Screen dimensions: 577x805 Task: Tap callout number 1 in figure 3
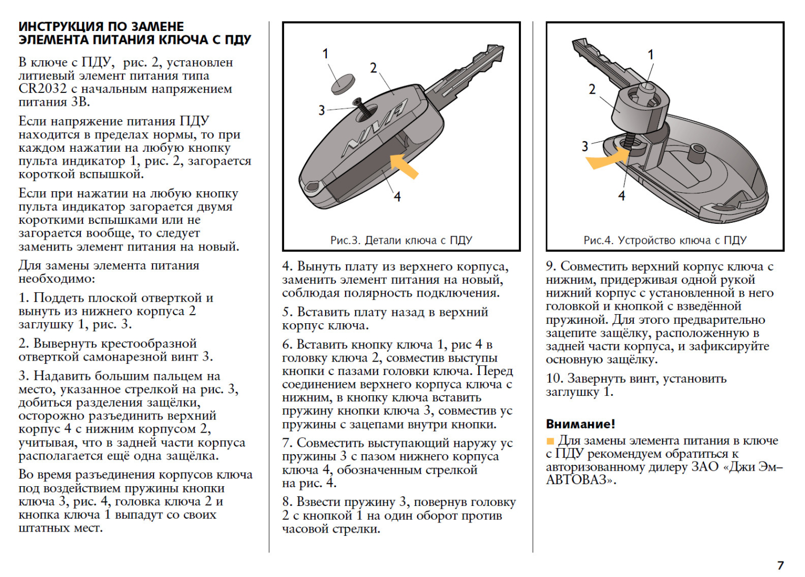pos(325,53)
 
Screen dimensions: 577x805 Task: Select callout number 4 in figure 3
pos(397,197)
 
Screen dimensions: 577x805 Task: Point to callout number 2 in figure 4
pos(592,89)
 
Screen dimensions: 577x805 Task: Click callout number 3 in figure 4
pos(585,146)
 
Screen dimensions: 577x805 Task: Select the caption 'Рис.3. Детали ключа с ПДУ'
pos(401,240)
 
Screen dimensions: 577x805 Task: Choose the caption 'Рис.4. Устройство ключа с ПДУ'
pos(665,240)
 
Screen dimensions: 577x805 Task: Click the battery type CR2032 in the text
pos(43,89)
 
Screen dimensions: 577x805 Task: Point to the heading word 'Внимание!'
pos(580,424)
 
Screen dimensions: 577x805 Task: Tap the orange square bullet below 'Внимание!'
pos(550,441)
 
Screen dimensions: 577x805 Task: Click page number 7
pos(780,565)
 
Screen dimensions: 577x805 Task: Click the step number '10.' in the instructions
pos(554,379)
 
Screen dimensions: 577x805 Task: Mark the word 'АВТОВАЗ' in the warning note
pos(577,480)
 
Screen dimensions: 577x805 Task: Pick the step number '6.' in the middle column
pos(287,345)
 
